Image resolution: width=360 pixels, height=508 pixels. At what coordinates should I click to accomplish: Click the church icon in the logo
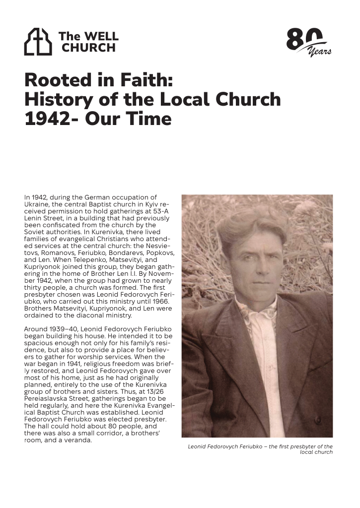coord(38,42)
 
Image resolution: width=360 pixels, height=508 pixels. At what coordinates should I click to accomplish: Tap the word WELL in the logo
coord(102,36)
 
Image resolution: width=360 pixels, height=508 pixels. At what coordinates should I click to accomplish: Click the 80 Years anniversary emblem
coord(308,42)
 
